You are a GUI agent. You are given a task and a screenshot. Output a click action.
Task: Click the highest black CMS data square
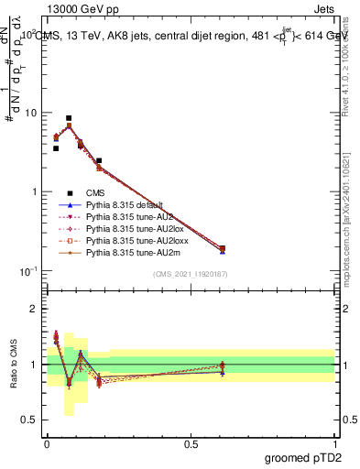click(x=69, y=118)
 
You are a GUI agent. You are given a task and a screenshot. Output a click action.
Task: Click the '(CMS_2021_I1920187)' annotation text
click(x=190, y=274)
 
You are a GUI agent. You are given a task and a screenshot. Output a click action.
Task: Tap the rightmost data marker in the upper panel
click(x=222, y=248)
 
